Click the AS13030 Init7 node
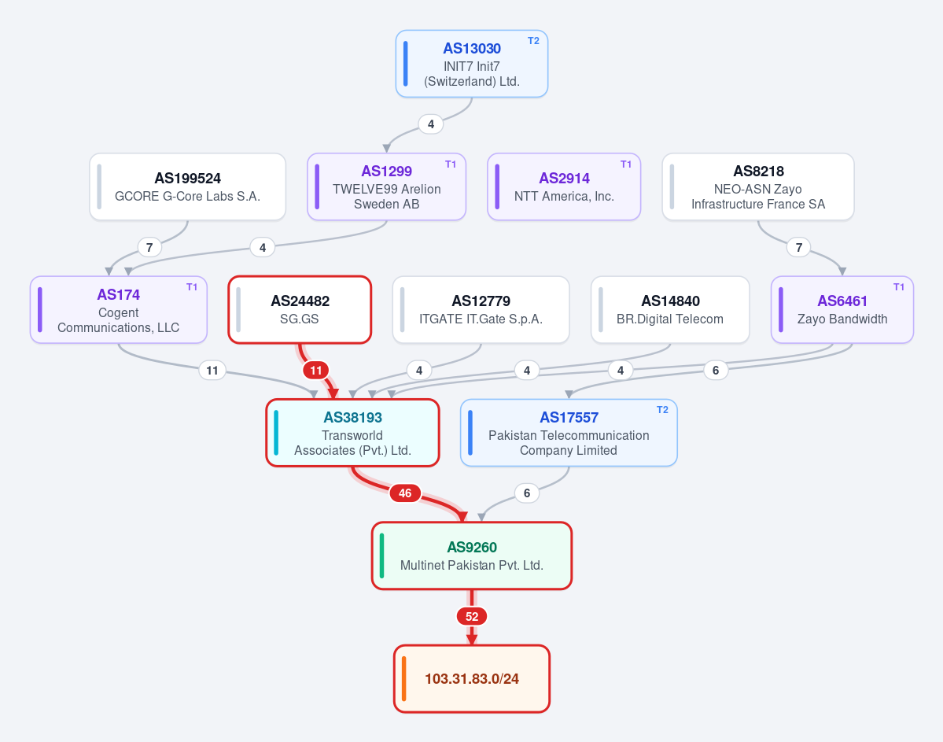click(472, 64)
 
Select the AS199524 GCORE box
click(188, 186)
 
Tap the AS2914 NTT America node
click(564, 186)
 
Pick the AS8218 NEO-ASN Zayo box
click(757, 186)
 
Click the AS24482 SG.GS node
click(300, 310)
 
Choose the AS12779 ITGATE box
click(481, 310)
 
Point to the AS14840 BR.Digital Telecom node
click(670, 310)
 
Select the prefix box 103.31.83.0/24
click(472, 679)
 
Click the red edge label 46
click(405, 493)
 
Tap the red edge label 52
click(472, 616)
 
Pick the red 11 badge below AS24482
click(315, 370)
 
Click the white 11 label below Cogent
click(212, 370)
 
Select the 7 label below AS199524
click(149, 247)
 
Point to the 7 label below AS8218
click(798, 247)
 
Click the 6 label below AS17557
click(527, 493)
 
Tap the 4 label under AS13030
click(431, 124)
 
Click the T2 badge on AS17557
click(662, 410)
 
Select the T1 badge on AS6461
click(898, 287)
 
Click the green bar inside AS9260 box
click(382, 556)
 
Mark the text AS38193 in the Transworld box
click(352, 418)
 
